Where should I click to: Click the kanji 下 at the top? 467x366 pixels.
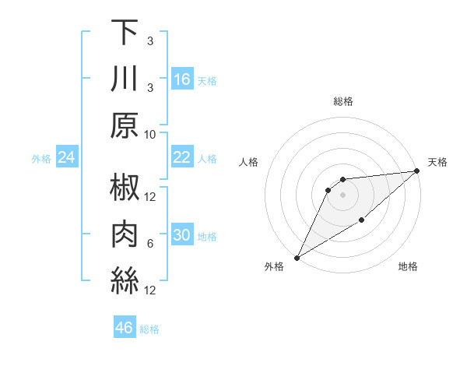point(125,33)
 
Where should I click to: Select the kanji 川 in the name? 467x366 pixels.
point(125,79)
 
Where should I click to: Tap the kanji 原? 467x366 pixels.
point(125,125)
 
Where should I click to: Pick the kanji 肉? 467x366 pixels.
point(125,235)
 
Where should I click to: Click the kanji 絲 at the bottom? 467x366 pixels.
point(125,282)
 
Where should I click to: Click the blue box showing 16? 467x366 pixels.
point(182,79)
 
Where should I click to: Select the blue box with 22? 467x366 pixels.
point(182,157)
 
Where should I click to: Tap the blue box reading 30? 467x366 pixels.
point(182,235)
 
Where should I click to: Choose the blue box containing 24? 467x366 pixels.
point(67,158)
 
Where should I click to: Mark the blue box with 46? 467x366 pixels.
point(124,327)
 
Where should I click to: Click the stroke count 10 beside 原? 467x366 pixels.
point(150,134)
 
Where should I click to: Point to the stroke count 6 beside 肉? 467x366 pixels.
point(150,244)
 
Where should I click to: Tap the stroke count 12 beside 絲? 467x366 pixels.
point(150,290)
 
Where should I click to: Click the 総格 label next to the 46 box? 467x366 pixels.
point(149,329)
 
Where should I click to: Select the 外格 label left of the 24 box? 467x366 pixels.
point(41,159)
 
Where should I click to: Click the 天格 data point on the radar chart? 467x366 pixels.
point(417,171)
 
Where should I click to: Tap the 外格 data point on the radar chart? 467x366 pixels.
point(297,257)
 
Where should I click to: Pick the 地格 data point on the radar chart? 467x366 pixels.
point(362,221)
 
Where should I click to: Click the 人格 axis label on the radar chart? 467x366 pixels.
point(249,162)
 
